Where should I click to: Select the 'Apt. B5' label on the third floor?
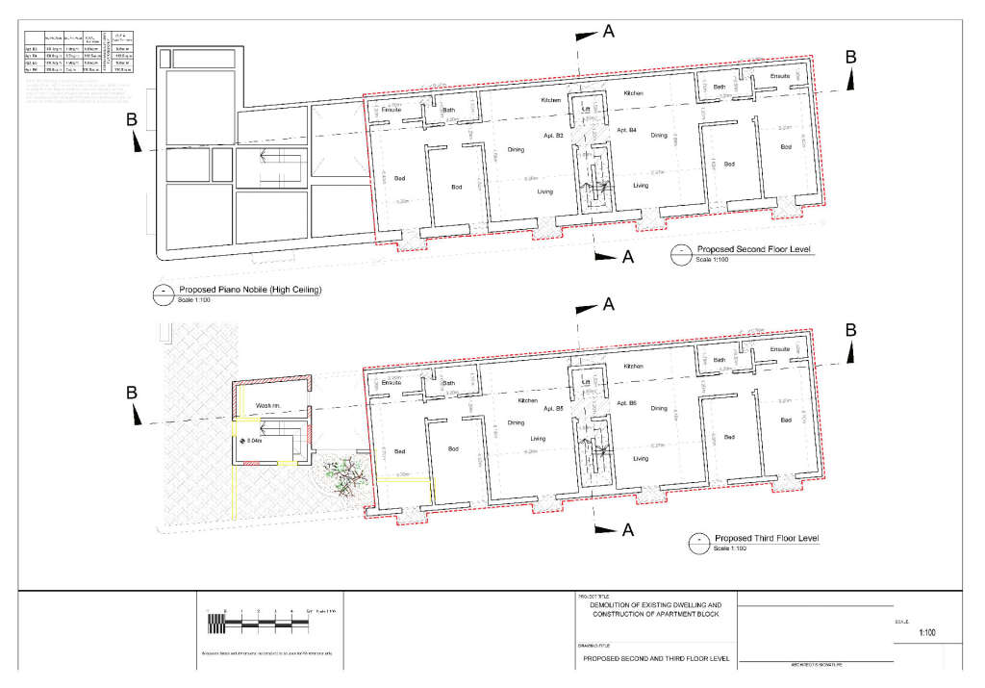(x=552, y=409)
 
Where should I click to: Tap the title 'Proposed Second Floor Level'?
(x=755, y=249)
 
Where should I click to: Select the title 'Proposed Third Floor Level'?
(x=766, y=538)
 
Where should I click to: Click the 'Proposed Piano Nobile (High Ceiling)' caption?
(x=250, y=290)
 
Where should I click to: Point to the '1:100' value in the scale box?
(x=927, y=632)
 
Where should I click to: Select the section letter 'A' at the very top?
(x=608, y=32)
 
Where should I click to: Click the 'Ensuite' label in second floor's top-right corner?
(x=780, y=76)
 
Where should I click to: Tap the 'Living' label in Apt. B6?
(x=641, y=459)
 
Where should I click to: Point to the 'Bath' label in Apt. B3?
(x=448, y=111)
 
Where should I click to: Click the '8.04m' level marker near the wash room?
(x=255, y=442)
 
